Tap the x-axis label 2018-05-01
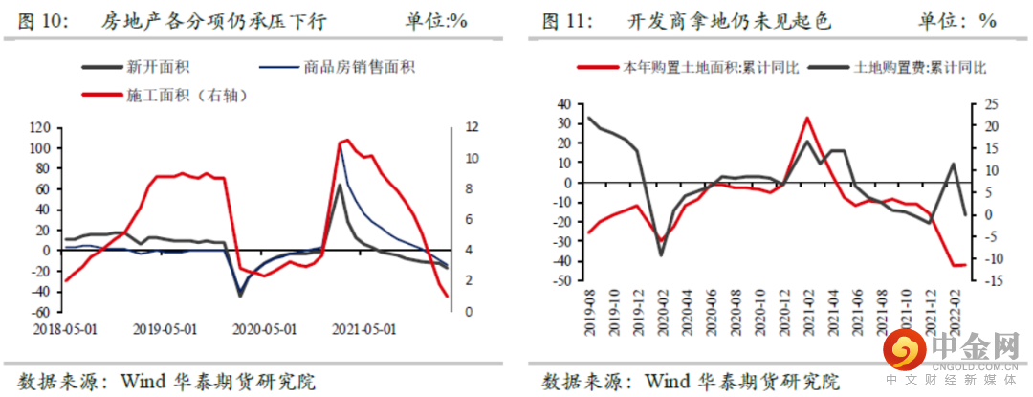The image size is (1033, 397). [x=64, y=328]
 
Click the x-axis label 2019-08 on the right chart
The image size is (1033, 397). [x=589, y=307]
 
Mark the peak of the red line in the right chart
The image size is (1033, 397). [x=807, y=118]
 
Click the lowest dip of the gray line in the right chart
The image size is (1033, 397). [x=660, y=254]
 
